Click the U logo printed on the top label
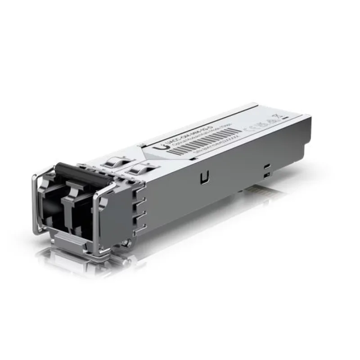point(157,148)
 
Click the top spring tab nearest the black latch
point(112,162)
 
